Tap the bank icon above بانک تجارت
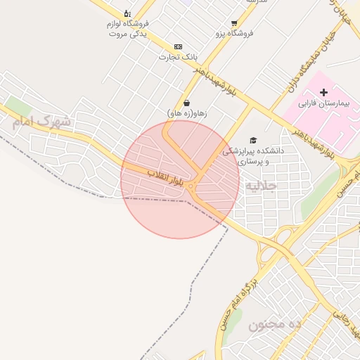tap(178, 46)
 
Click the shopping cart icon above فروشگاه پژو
tap(234, 23)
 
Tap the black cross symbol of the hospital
tap(323, 93)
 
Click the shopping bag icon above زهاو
tap(186, 103)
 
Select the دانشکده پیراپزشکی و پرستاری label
tap(253, 155)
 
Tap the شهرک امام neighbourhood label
tap(41, 121)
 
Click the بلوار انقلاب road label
tap(166, 175)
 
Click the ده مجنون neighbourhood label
tap(275, 324)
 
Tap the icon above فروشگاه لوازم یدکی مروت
tap(127, 13)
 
